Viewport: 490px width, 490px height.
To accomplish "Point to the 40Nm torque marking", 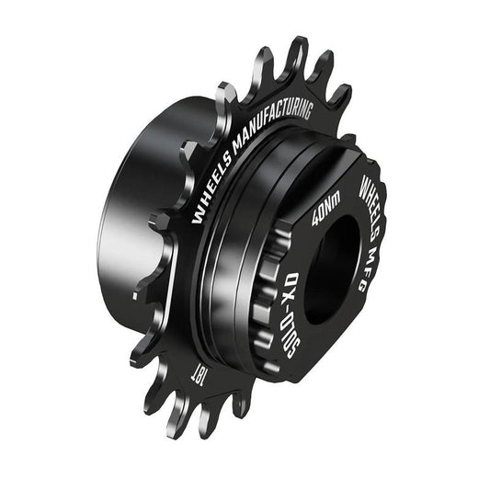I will point(325,207).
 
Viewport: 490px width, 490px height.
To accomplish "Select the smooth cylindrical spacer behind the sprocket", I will point(129,221).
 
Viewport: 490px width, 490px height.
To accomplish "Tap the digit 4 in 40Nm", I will point(315,220).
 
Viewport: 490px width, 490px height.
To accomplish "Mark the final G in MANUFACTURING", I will point(309,112).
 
